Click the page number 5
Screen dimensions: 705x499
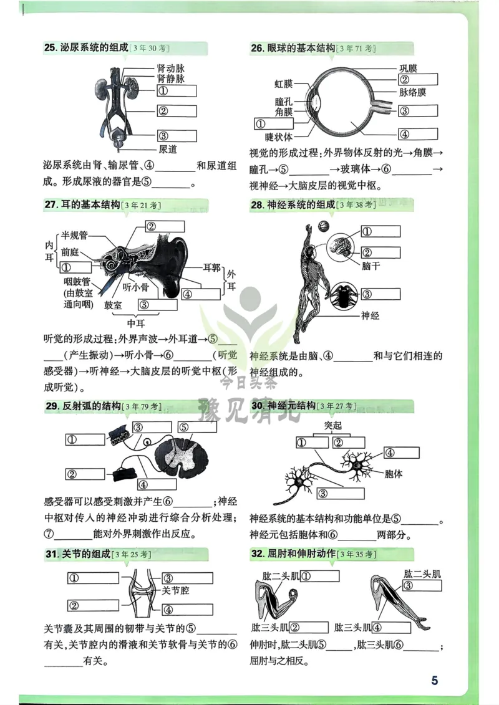tap(435, 680)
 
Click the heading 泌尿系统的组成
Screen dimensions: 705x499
tap(94, 48)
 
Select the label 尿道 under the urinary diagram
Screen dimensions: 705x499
tap(168, 150)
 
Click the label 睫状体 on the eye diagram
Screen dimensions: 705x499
tap(279, 137)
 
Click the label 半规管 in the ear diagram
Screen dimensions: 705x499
tap(74, 236)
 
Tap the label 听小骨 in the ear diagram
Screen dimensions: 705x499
tap(135, 287)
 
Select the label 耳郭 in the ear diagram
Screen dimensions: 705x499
tap(211, 267)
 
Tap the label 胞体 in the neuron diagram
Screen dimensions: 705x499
tap(394, 474)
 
